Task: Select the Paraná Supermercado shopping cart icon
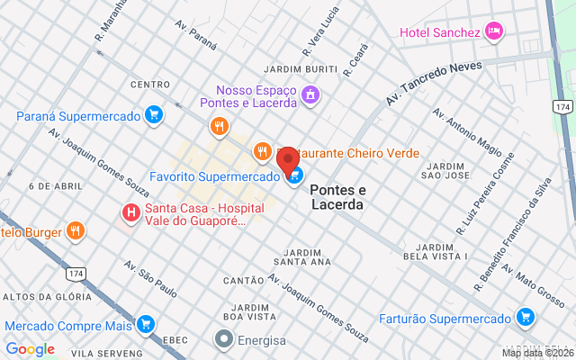pyautogui.click(x=154, y=115)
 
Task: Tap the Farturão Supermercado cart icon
pyautogui.click(x=526, y=317)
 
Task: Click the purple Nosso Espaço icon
pyautogui.click(x=310, y=94)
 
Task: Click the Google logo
pyautogui.click(x=30, y=349)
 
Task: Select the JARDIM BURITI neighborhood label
pyautogui.click(x=300, y=69)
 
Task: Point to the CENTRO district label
pyautogui.click(x=150, y=85)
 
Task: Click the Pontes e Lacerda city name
pyautogui.click(x=337, y=197)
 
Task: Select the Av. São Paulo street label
pyautogui.click(x=150, y=279)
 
